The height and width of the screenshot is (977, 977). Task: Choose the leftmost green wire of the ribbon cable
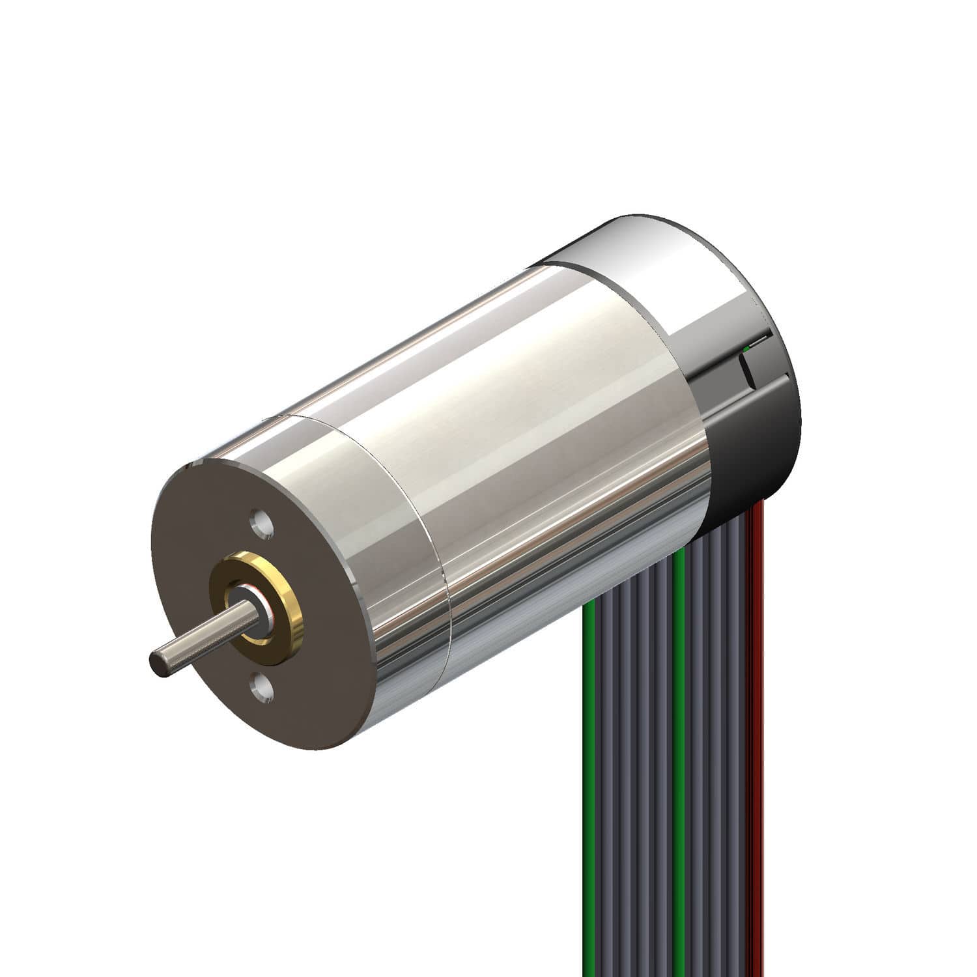point(589,782)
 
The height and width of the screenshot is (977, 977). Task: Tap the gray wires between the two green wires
point(635,782)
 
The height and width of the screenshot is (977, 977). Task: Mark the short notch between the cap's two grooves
point(746,368)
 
